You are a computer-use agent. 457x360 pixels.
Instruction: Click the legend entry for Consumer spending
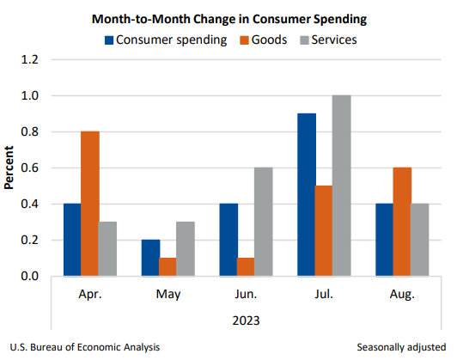164,40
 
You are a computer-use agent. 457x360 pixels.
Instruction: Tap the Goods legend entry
261,40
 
